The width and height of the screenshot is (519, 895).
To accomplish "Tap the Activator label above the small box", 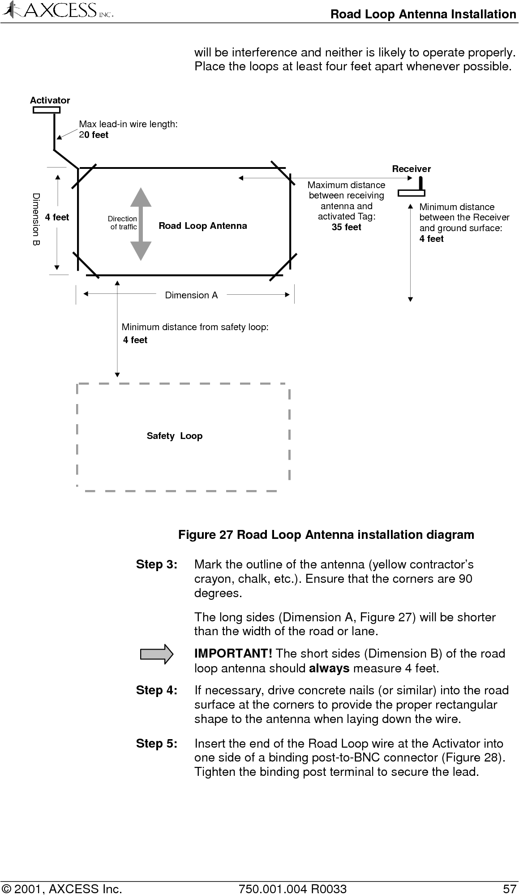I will (50, 100).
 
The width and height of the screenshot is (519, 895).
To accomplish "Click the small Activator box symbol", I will (47, 110).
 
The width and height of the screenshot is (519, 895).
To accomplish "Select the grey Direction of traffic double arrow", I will (141, 224).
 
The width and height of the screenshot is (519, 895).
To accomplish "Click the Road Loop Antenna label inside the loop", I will (202, 226).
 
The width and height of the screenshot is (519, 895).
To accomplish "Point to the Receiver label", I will (411, 169).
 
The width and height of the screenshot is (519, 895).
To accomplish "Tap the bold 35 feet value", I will (346, 227).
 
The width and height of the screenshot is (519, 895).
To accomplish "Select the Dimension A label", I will (191, 295).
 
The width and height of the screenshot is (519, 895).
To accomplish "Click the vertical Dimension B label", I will (36, 219).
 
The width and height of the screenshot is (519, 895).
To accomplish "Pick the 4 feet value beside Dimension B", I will (57, 217).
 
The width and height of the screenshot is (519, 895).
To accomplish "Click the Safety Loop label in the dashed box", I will (175, 436).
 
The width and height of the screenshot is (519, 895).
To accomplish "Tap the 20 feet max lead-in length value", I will (94, 135).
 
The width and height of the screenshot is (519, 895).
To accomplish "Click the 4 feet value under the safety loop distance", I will (135, 340).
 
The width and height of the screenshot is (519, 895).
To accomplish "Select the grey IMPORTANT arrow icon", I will (157, 654).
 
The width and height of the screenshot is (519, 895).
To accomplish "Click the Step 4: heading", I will (156, 690).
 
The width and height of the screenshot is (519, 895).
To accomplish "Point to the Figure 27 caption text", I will (326, 535).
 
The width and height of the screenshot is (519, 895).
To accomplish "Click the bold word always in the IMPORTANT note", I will (329, 669).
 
